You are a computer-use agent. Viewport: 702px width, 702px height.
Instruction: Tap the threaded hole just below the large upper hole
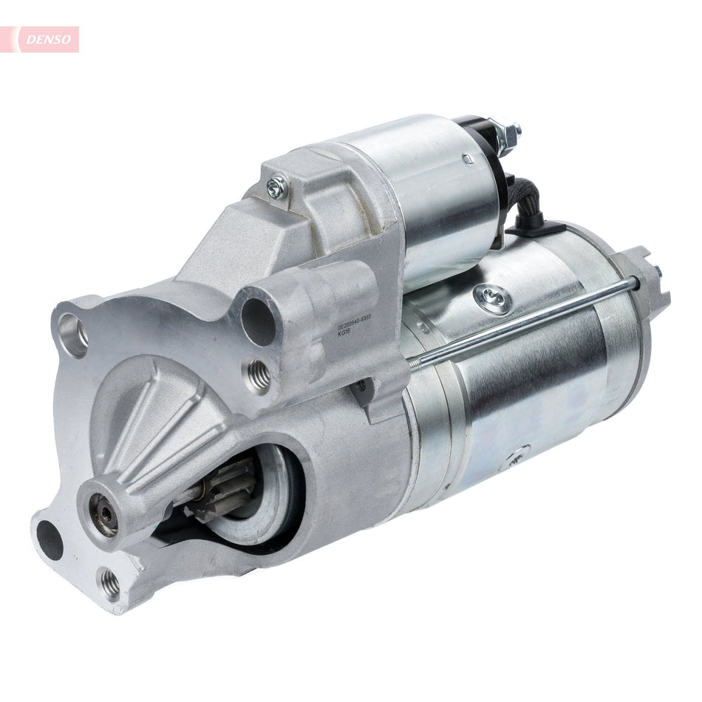pos(259,368)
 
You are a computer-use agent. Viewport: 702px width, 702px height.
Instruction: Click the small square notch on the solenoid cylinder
pos(468,157)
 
